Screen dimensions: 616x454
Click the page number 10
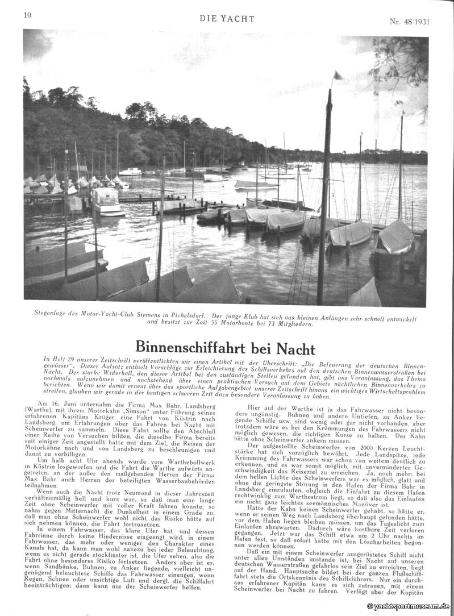(x=27, y=15)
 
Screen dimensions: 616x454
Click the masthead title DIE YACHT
(x=227, y=19)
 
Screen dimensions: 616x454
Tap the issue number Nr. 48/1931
(x=409, y=22)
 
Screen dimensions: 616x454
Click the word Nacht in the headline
(x=294, y=347)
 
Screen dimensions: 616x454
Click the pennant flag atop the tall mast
(x=338, y=76)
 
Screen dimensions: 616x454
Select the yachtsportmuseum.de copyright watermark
(x=408, y=606)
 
